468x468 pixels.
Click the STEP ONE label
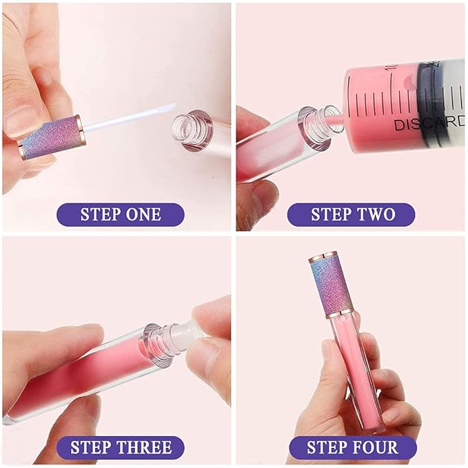point(120,214)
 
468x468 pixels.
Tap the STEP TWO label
point(351,214)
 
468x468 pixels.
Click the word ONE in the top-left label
point(143,214)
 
